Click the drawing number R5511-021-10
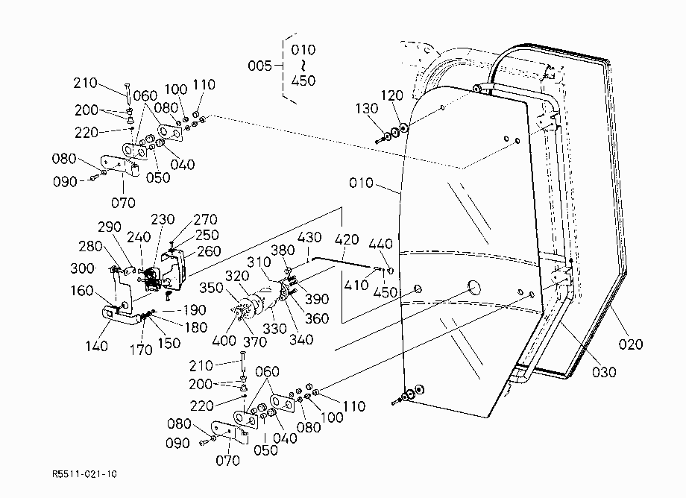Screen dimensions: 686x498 click(84, 474)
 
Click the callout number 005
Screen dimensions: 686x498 click(260, 66)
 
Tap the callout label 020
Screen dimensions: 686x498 click(630, 344)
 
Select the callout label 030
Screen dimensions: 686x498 click(604, 372)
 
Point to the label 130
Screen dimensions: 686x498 click(367, 108)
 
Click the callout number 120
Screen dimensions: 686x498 click(391, 95)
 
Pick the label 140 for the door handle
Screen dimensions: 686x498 click(96, 346)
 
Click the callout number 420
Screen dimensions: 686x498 click(347, 239)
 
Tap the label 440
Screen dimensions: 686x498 click(380, 244)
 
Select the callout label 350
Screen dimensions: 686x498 click(211, 288)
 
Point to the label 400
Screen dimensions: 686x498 click(224, 340)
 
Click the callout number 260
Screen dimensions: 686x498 click(209, 251)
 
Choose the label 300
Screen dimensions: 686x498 click(82, 268)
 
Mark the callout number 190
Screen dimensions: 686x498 click(195, 310)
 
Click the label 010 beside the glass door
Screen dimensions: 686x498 click(361, 183)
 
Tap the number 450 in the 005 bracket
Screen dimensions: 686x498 click(303, 81)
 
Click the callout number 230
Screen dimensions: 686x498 click(163, 219)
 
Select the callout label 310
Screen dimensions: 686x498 click(259, 262)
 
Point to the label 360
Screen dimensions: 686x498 click(317, 318)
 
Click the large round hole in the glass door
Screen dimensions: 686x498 click(474, 287)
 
